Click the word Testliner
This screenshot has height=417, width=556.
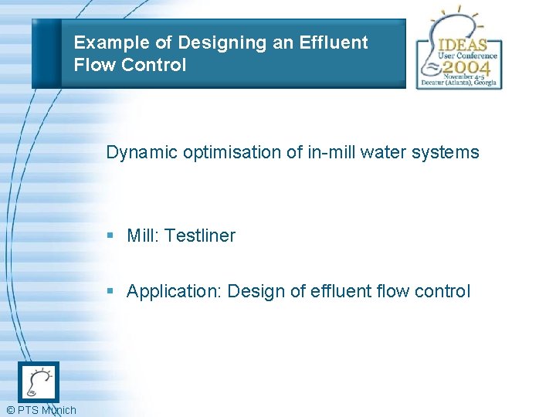(200, 236)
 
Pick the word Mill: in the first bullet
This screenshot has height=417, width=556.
(143, 236)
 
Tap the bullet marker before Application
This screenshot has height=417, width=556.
(111, 292)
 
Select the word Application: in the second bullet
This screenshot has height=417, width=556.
(175, 292)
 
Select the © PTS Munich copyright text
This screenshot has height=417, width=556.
(41, 410)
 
